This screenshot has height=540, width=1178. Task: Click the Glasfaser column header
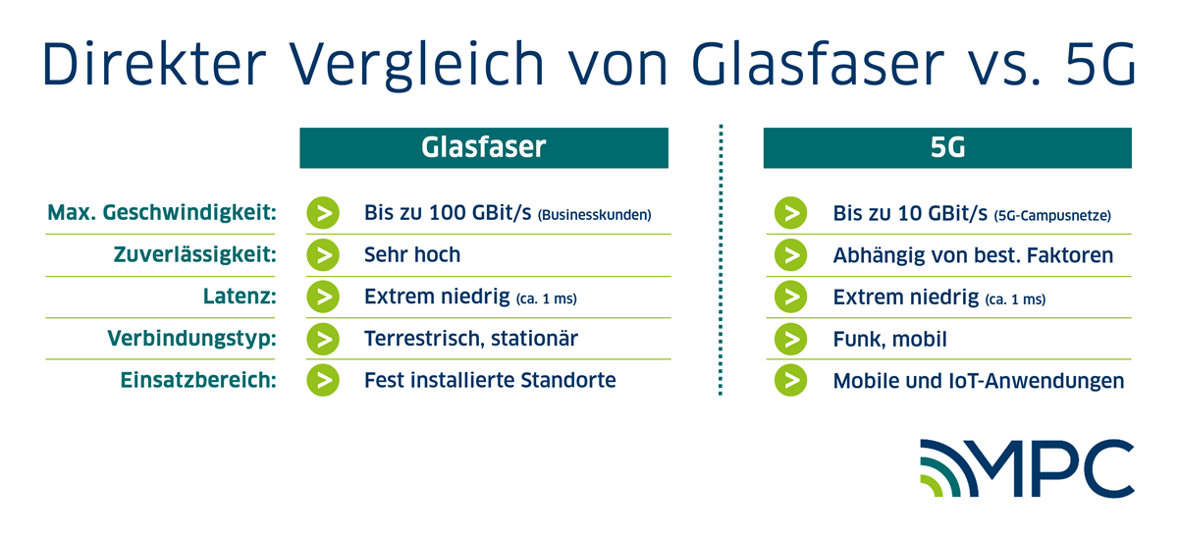483,148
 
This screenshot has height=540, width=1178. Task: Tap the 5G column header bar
947,148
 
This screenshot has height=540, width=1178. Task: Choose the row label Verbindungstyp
190,339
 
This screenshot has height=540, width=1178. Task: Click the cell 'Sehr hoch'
411,255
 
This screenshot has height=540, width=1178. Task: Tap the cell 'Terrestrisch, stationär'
470,339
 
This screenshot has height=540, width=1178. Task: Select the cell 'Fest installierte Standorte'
490,380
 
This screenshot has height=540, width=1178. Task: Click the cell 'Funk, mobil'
890,339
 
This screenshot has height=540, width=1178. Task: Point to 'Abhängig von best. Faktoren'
973,255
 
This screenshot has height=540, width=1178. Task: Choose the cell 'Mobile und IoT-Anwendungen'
979,380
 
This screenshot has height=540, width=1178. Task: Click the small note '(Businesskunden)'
595,215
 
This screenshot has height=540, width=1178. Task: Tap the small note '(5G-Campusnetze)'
1053,215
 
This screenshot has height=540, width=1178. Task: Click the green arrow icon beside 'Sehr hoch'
322,255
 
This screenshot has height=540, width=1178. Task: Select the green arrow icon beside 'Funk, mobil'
790,339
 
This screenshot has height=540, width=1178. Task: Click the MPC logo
1026,469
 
